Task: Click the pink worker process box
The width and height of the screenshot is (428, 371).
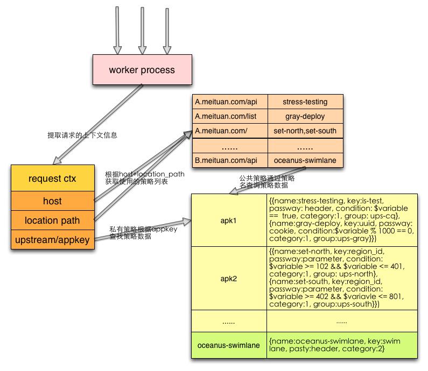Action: (x=142, y=70)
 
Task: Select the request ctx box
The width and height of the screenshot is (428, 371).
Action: (x=52, y=179)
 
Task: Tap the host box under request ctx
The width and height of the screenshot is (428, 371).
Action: (x=52, y=201)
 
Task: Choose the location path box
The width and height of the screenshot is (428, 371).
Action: (x=52, y=220)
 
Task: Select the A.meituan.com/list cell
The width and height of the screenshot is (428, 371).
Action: (x=229, y=116)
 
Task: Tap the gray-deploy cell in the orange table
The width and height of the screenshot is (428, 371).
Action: (x=305, y=116)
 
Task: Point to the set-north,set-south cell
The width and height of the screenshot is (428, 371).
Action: (x=305, y=131)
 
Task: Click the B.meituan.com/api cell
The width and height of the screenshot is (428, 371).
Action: (x=229, y=160)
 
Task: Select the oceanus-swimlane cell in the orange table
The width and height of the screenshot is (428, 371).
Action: (x=305, y=160)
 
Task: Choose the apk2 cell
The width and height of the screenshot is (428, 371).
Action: (x=229, y=279)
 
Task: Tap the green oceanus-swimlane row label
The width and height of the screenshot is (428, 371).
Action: (x=229, y=345)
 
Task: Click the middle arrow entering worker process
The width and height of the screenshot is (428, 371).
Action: (x=142, y=31)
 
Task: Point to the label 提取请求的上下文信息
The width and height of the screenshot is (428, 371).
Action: (x=82, y=135)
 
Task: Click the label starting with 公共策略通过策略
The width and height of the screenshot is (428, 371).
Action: (x=264, y=181)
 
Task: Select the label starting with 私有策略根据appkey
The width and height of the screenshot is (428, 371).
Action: (x=143, y=233)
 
